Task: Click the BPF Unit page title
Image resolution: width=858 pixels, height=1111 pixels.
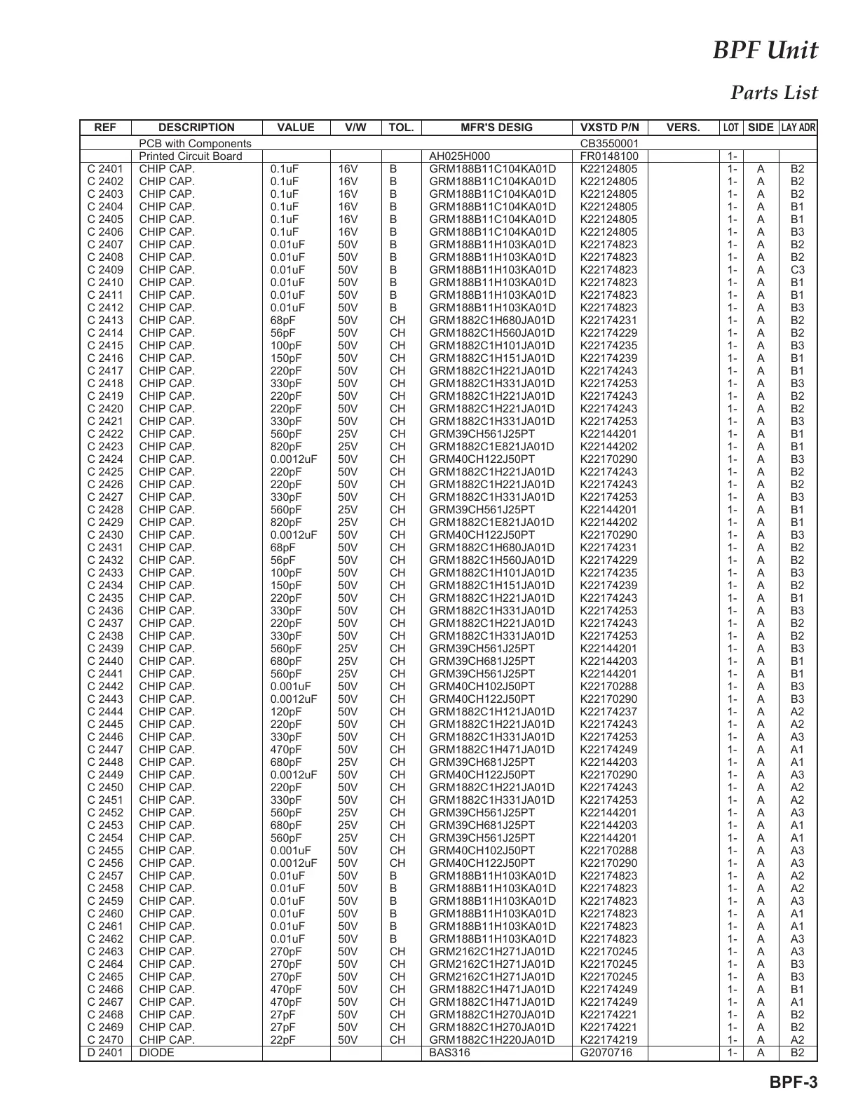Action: pos(765,51)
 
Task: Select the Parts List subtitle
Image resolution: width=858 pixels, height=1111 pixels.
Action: pos(774,93)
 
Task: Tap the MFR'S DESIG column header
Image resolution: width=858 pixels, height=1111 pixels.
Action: pos(496,128)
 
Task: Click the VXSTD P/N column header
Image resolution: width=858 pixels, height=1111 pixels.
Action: pos(610,128)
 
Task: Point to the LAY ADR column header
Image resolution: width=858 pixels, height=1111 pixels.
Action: pos(798,128)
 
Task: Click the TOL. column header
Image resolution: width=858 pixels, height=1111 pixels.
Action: pos(401,128)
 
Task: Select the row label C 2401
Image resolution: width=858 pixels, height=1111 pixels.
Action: pos(105,169)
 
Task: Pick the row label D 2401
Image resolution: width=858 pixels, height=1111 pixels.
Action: pos(105,1053)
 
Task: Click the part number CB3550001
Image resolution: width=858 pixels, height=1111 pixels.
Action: pos(610,144)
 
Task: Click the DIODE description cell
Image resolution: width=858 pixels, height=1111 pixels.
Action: pos(157,1053)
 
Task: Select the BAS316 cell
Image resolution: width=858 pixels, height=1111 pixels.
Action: pos(450,1053)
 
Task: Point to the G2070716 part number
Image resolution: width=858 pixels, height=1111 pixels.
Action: pos(606,1053)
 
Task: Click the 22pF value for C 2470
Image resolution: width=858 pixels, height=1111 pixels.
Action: pos(283,1040)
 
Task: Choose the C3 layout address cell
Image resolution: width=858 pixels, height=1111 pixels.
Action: pos(798,270)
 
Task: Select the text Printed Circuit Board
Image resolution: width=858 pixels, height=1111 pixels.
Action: pos(191,156)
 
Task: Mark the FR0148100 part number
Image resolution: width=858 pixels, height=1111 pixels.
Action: pos(610,156)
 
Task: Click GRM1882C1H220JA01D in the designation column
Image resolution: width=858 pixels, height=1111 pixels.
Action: pos(492,1040)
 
